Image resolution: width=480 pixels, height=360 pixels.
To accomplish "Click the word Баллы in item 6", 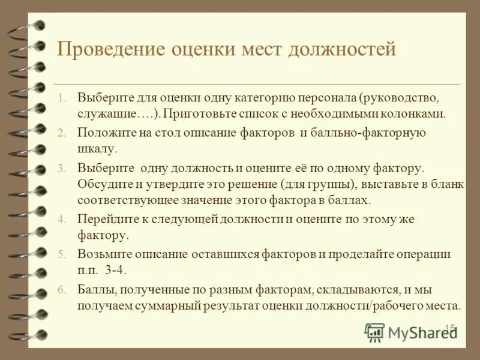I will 92,290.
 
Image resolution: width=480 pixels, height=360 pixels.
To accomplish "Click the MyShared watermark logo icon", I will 374,332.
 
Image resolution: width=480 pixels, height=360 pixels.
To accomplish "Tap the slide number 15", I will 450,328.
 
